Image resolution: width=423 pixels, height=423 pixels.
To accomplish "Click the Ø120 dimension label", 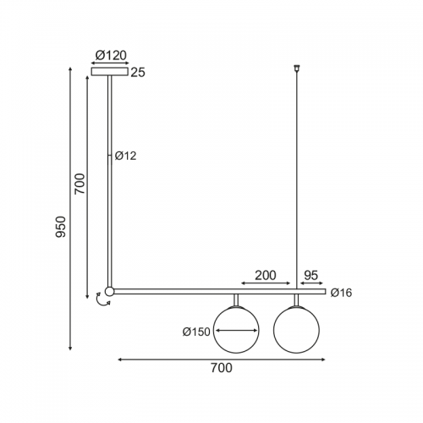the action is [111, 56].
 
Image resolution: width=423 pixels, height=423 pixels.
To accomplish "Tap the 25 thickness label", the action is [138, 73].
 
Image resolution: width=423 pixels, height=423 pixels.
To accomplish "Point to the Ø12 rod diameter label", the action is [125, 156].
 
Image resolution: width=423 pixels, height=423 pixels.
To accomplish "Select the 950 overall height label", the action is [60, 227].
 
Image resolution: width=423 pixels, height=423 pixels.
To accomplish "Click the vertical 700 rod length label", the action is [80, 184].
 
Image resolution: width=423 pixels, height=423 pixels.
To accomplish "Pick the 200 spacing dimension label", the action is [266, 275].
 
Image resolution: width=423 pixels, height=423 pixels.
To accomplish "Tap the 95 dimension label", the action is [311, 275].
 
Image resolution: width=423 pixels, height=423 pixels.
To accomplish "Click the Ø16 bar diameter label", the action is [342, 293].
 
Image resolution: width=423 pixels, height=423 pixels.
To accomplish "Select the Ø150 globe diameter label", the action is [196, 332].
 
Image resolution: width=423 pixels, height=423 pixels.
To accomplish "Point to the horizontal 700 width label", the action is [222, 368].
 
